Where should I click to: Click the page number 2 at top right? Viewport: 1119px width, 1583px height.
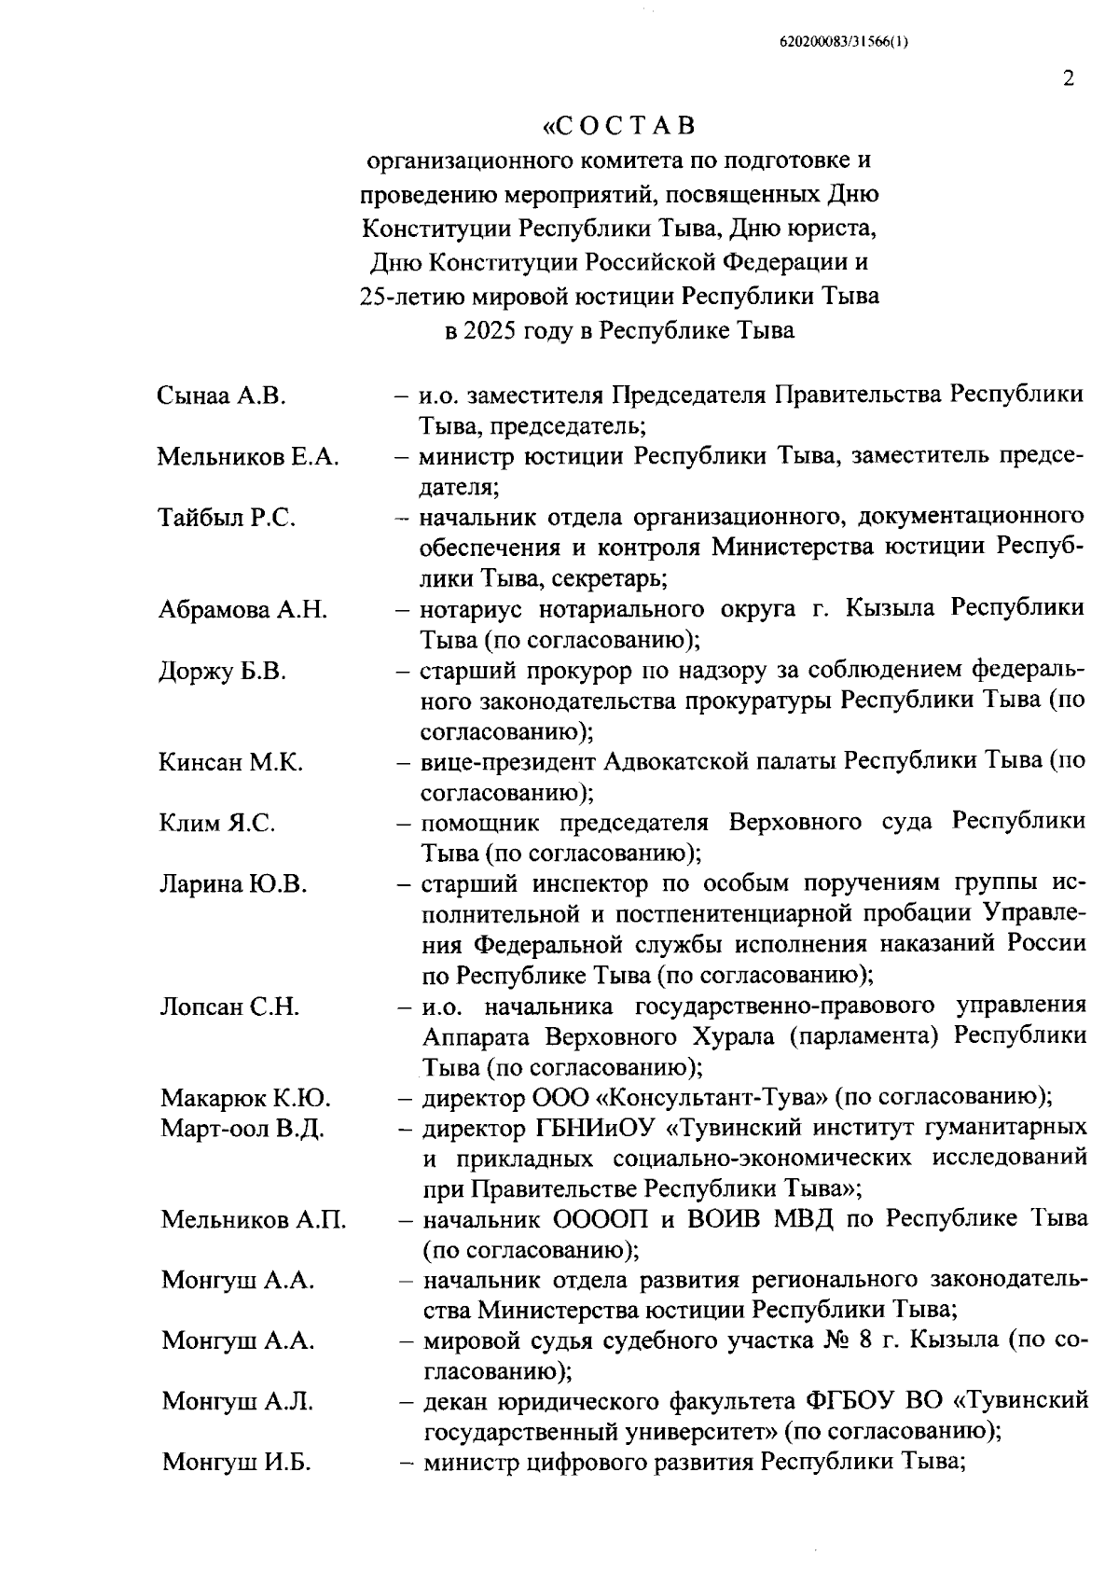[x=1068, y=78]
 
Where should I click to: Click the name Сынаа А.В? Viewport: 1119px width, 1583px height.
[x=221, y=396]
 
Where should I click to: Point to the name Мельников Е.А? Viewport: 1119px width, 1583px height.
[x=247, y=457]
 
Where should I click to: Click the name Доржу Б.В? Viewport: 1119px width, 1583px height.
[x=222, y=671]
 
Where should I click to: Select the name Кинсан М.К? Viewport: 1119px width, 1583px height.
[x=230, y=762]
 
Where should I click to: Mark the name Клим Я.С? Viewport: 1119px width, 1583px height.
[x=216, y=823]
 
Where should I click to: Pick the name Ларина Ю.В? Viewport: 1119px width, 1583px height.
[x=232, y=883]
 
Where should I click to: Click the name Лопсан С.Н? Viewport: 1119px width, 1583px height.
[x=229, y=1007]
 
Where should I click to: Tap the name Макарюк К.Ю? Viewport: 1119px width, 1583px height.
[x=246, y=1098]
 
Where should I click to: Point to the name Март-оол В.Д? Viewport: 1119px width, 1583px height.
[x=242, y=1129]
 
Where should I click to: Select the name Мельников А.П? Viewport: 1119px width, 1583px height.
[x=253, y=1219]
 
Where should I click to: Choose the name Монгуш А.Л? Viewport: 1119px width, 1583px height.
[x=237, y=1401]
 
